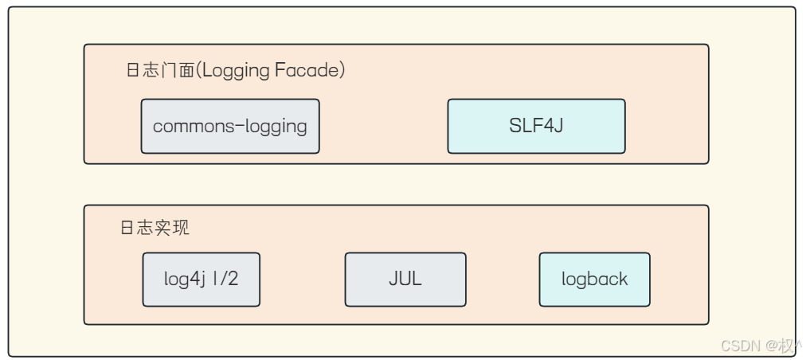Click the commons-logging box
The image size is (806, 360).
230,127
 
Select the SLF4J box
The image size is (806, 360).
537,127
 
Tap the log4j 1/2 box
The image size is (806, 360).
201,280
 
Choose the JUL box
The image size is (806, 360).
405,280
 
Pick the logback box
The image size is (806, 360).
595,280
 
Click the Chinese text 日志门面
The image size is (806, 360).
158,70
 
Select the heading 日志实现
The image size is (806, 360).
155,228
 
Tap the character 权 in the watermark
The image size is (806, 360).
786,345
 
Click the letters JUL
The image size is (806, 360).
405,280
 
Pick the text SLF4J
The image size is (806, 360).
537,126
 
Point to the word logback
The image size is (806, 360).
595,280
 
